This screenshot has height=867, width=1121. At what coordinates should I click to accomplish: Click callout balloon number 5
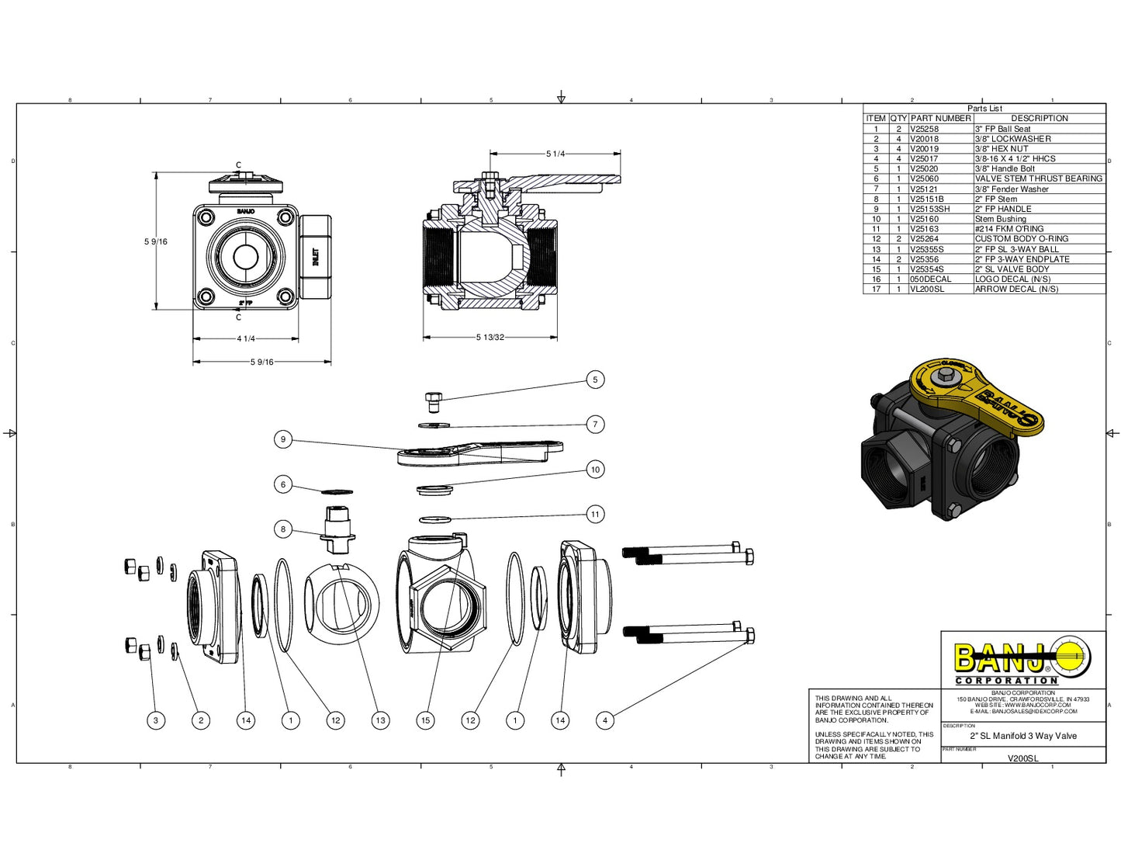point(595,380)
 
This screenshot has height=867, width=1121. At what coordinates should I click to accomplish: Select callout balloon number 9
point(283,439)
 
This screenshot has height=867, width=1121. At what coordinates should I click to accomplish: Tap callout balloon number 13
point(380,720)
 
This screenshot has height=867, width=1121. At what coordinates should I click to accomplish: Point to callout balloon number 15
point(425,720)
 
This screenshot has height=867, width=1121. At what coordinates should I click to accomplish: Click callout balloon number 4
point(605,720)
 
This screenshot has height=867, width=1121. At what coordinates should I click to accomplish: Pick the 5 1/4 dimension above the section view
point(555,154)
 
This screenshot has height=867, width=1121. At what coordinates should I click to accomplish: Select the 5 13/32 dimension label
point(490,338)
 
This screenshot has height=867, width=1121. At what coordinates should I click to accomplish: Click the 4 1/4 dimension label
point(245,338)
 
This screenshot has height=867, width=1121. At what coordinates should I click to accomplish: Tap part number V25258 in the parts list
point(924,129)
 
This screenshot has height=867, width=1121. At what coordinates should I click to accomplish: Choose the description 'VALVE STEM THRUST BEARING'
point(1038,179)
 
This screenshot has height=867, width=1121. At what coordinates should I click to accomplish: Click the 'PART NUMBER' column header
point(940,118)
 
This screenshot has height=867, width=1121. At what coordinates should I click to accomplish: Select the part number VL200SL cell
point(927,289)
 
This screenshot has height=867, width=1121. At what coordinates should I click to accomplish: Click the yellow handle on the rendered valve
point(977,392)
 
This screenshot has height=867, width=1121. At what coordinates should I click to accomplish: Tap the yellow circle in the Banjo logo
point(1071,659)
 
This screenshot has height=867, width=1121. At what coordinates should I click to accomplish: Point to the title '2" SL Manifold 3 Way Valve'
point(1023,736)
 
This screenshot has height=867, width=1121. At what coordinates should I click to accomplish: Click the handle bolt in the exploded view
point(434,401)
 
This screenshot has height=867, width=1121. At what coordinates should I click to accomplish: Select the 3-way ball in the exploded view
point(341,601)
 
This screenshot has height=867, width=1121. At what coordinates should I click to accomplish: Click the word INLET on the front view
point(315,257)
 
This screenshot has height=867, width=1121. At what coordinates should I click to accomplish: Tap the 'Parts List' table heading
point(984,109)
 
